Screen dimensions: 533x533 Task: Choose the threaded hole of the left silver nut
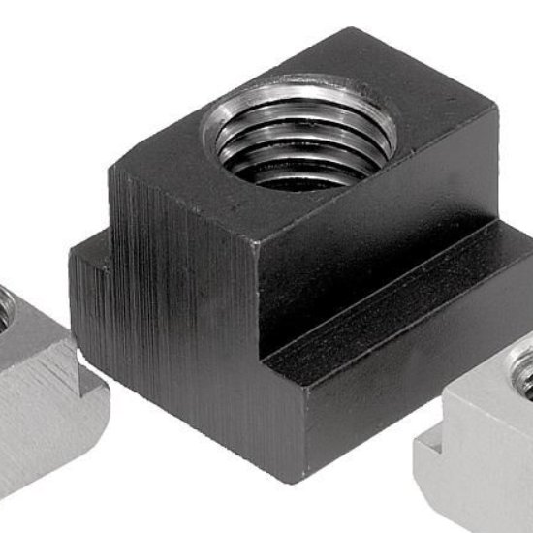(6, 304)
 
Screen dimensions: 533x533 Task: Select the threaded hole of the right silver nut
(523, 373)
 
